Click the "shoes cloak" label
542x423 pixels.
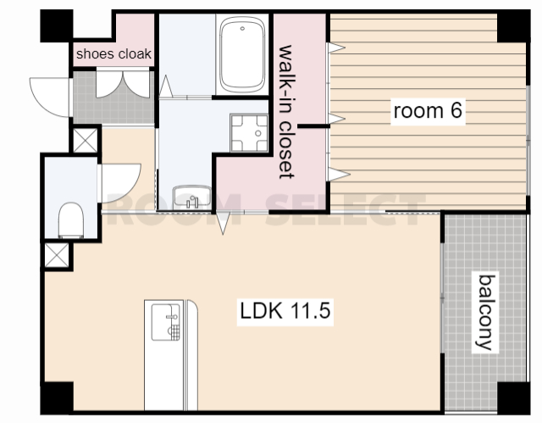pyautogui.click(x=113, y=54)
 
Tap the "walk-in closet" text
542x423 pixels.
pyautogui.click(x=286, y=112)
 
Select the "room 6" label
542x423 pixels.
pyautogui.click(x=428, y=111)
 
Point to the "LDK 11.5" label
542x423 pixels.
pyautogui.click(x=285, y=310)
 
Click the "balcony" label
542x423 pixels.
pyautogui.click(x=485, y=312)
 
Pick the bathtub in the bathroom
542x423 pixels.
pyautogui.click(x=242, y=54)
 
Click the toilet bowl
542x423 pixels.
pyautogui.click(x=71, y=220)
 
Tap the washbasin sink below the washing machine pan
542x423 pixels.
pyautogui.click(x=192, y=198)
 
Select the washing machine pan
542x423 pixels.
pyautogui.click(x=249, y=133)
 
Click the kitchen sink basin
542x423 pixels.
pyautogui.click(x=166, y=322)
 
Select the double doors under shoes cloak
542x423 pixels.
pyautogui.click(x=123, y=84)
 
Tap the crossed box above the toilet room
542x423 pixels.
pyautogui.click(x=86, y=140)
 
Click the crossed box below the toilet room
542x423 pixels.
pyautogui.click(x=57, y=255)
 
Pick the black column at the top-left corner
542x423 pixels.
pyautogui.click(x=57, y=26)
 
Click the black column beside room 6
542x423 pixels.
pyautogui.click(x=513, y=26)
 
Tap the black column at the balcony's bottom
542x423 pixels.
pyautogui.click(x=514, y=398)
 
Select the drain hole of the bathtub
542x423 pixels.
pyautogui.click(x=242, y=28)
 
